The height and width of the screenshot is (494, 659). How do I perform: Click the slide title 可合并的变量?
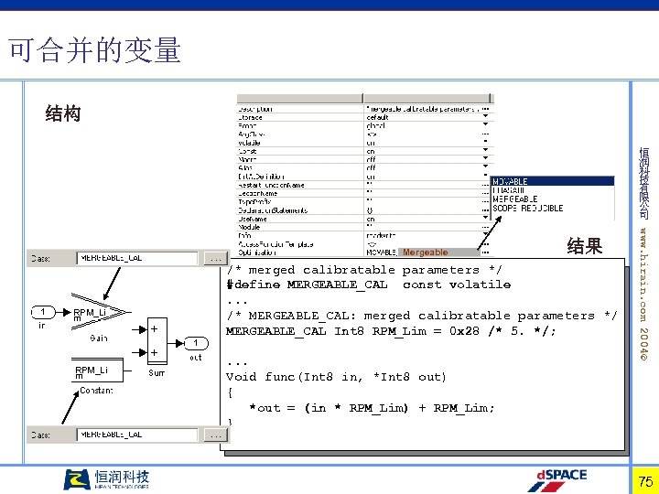94,50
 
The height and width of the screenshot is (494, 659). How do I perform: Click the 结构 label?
63,113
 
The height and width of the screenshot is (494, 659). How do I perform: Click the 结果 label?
585,245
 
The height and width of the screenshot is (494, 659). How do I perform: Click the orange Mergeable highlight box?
427,252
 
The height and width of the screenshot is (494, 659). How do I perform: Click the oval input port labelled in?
42,313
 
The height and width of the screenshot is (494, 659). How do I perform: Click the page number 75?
644,481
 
